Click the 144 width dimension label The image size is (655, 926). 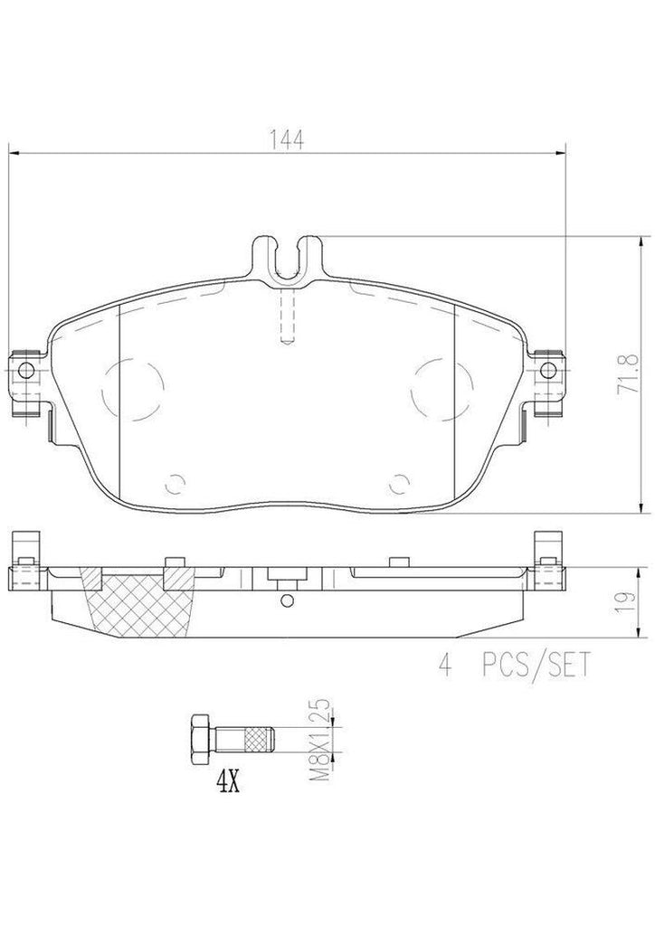point(285,139)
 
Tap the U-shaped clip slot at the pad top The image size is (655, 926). point(287,257)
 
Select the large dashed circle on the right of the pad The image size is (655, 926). point(439,387)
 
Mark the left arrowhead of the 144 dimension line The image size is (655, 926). point(13,153)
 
